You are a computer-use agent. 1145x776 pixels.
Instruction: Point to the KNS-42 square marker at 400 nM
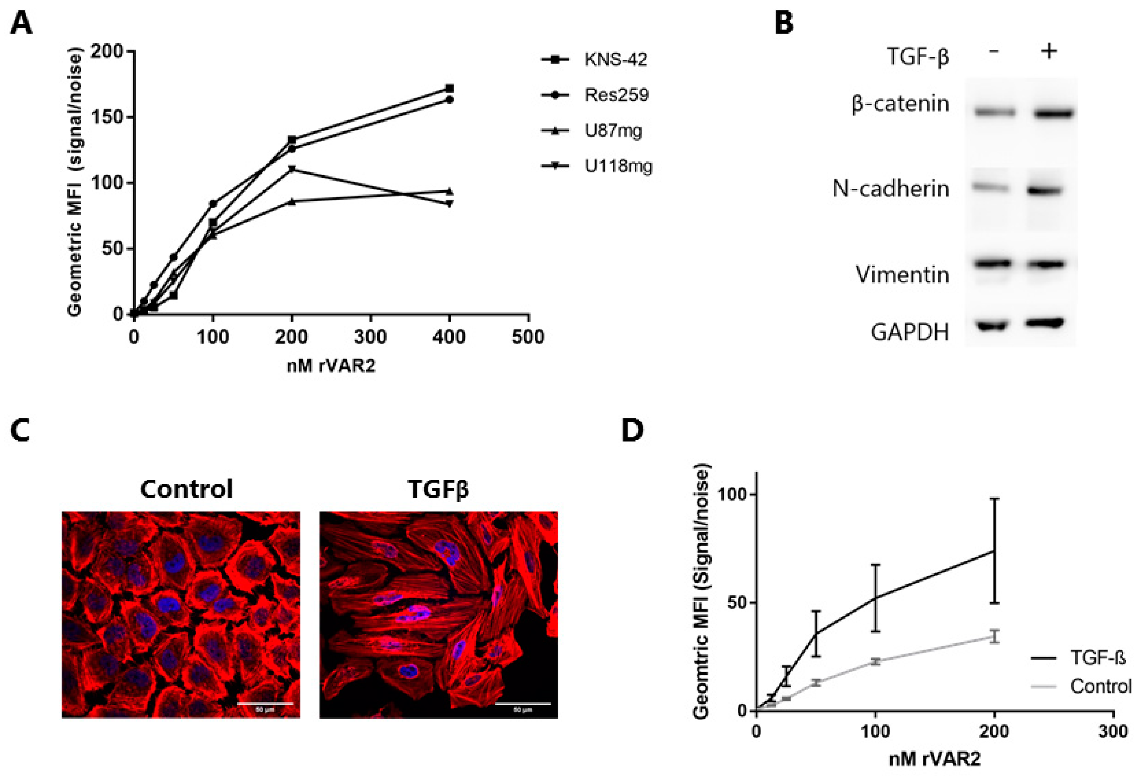449,88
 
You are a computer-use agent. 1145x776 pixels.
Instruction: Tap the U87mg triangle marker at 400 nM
449,191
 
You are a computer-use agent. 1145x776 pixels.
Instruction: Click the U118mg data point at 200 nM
292,169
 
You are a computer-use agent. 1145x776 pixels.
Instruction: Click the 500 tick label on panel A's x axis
528,337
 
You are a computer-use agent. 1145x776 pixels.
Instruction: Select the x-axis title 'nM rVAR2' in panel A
331,366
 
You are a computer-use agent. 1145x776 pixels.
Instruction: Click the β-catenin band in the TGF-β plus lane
1053,114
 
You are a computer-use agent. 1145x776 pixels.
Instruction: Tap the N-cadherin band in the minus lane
992,187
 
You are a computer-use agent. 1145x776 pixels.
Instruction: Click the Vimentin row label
902,275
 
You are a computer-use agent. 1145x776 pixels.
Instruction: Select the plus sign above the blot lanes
1049,51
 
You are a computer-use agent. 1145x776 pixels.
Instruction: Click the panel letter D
633,431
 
